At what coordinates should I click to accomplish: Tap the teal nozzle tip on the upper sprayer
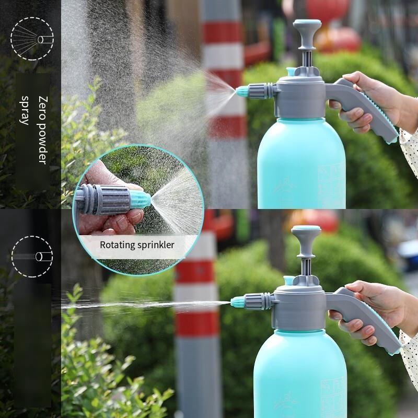point(242,91)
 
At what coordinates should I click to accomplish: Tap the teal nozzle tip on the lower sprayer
point(237,302)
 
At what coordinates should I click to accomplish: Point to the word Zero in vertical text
point(43,104)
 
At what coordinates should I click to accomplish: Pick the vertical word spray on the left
point(25,110)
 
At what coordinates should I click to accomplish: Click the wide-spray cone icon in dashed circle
point(32,39)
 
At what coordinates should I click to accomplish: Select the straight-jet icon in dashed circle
point(32,257)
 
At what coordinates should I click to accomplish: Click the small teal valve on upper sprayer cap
point(291,72)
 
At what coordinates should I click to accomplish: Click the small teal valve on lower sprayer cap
point(289,281)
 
